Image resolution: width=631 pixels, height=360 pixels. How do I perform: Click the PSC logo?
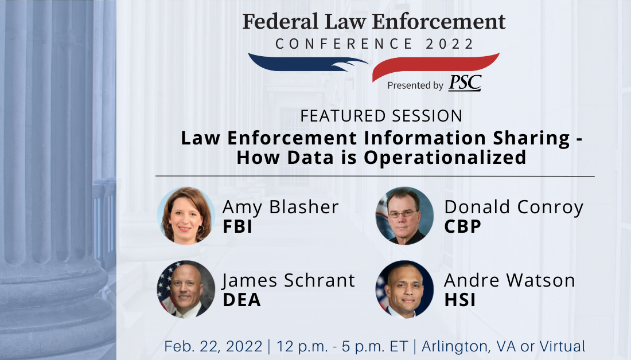(x=465, y=83)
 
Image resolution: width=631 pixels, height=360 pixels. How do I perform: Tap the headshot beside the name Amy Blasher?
(x=186, y=216)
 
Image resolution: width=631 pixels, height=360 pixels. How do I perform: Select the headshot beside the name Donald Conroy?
(x=404, y=216)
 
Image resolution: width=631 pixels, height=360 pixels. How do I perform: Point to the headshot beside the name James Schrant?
(x=186, y=289)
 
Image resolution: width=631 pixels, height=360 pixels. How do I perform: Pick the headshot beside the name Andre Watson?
(x=404, y=289)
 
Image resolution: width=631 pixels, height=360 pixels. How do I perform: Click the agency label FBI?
(x=237, y=226)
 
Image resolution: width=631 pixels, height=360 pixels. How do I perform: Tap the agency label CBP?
(x=462, y=226)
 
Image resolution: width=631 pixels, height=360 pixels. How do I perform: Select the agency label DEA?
(x=242, y=300)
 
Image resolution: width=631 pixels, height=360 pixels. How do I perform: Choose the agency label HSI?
(x=460, y=300)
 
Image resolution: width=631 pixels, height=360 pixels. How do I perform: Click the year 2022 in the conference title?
(x=450, y=44)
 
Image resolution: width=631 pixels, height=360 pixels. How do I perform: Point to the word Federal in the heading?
(x=280, y=22)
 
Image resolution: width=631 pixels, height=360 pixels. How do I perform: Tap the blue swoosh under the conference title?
(x=308, y=62)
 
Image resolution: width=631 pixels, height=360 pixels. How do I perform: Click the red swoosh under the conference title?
(x=436, y=66)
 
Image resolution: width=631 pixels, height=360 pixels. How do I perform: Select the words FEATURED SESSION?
(x=381, y=116)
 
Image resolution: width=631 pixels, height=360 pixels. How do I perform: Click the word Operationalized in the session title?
(x=445, y=157)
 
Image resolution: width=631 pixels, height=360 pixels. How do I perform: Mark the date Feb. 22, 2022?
(x=213, y=346)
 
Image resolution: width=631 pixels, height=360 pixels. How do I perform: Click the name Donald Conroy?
(x=514, y=207)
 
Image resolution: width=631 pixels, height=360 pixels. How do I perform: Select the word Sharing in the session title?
(x=532, y=138)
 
